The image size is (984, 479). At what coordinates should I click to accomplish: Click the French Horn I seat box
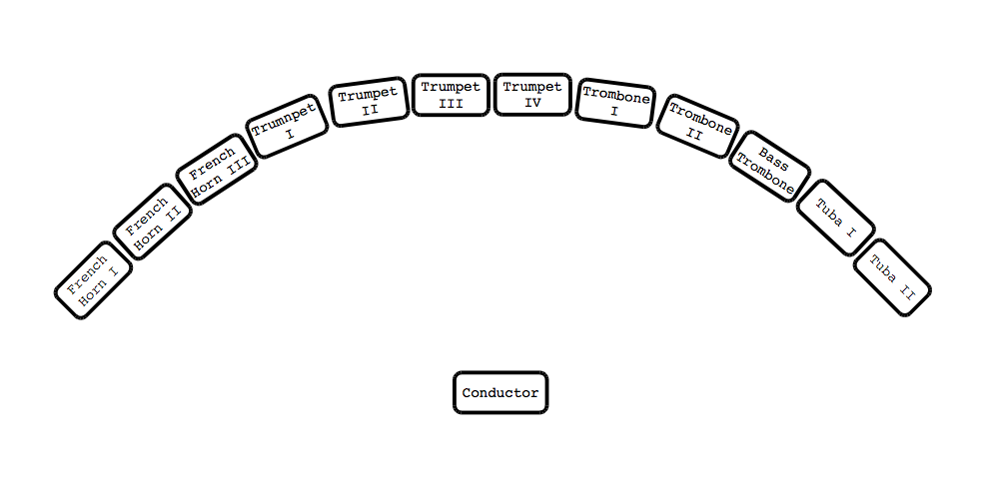click(x=93, y=280)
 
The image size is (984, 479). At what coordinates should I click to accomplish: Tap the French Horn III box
click(x=217, y=170)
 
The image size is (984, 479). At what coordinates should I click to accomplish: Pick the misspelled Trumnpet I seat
click(x=289, y=125)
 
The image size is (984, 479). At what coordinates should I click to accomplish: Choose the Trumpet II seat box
click(x=369, y=103)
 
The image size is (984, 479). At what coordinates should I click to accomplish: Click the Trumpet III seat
click(x=451, y=95)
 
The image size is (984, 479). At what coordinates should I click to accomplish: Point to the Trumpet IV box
click(x=532, y=95)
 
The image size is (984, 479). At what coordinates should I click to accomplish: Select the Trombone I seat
click(x=615, y=103)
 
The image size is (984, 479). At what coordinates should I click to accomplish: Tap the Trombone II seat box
click(x=697, y=126)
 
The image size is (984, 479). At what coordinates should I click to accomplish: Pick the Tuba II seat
click(x=892, y=278)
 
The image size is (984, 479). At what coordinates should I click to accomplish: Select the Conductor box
click(x=500, y=392)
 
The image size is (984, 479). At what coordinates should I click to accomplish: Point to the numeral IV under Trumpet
click(x=532, y=102)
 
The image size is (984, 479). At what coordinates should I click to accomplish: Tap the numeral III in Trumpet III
click(x=451, y=102)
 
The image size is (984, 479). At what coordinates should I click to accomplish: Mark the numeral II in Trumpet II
click(x=370, y=110)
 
